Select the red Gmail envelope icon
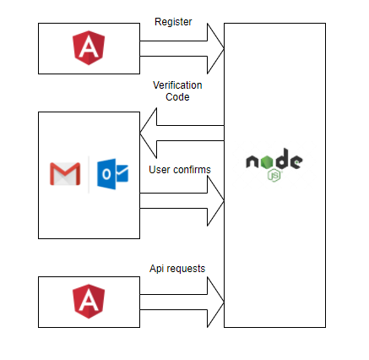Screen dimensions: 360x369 [65, 175]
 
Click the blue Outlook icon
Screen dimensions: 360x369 [113, 174]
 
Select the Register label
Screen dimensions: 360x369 [172, 21]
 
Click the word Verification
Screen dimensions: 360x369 [176, 86]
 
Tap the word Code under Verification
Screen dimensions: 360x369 [177, 98]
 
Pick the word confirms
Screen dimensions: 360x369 [191, 170]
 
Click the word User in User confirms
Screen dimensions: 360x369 [160, 170]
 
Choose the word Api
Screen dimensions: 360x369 [157, 269]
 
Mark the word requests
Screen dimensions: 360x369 [187, 269]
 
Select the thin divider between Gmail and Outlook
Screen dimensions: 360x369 [90, 174]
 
